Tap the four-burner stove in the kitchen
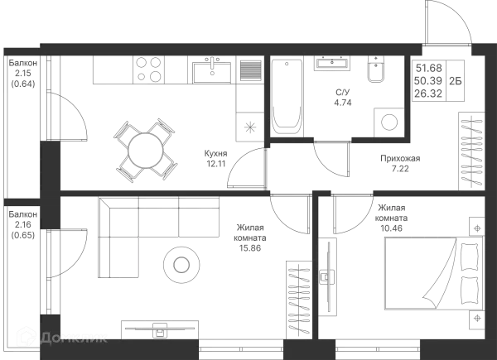point(150,68)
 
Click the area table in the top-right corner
point(440,79)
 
